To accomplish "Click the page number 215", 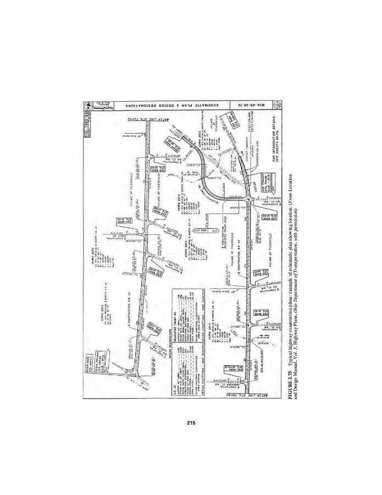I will coord(191,422).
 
